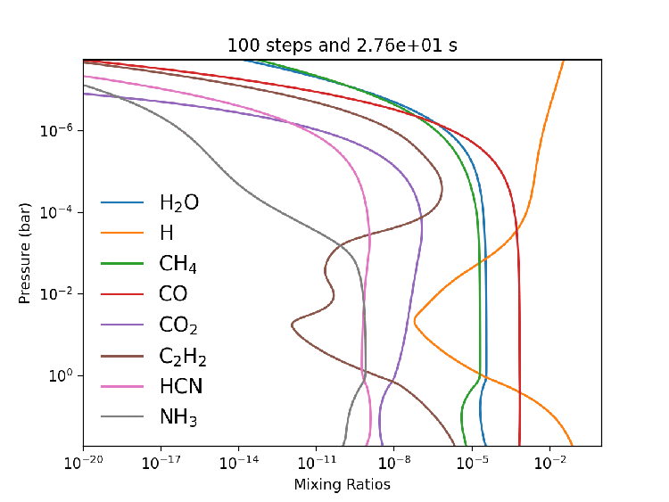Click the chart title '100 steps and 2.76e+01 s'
342,45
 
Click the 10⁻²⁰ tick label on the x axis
83,465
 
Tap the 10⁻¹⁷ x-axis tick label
161,465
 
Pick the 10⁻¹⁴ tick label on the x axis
238,465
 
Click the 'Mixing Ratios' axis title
342,485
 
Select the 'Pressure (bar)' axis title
25,253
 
